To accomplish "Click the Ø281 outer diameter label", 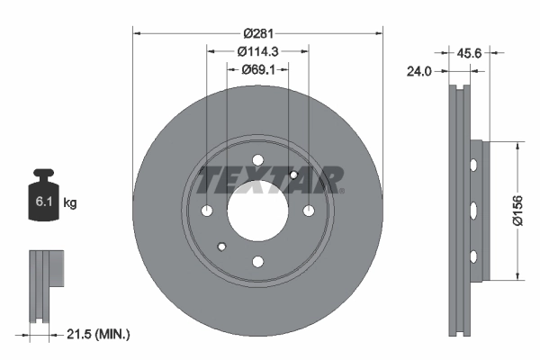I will tap(257, 21).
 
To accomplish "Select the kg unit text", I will tap(70, 203).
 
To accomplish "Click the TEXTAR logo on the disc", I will tap(270, 180).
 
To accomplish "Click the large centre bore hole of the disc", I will tap(257, 211).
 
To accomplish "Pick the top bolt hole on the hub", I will tap(257, 161).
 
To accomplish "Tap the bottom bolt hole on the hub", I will tap(257, 262).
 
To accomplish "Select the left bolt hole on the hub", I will tap(207, 211).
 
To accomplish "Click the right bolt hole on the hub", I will tap(309, 211).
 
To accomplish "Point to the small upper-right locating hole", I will tap(294, 175).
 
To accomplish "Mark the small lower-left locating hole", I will tap(221, 247).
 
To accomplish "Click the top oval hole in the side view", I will tap(472, 166).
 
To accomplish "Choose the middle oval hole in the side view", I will tap(472, 211).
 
